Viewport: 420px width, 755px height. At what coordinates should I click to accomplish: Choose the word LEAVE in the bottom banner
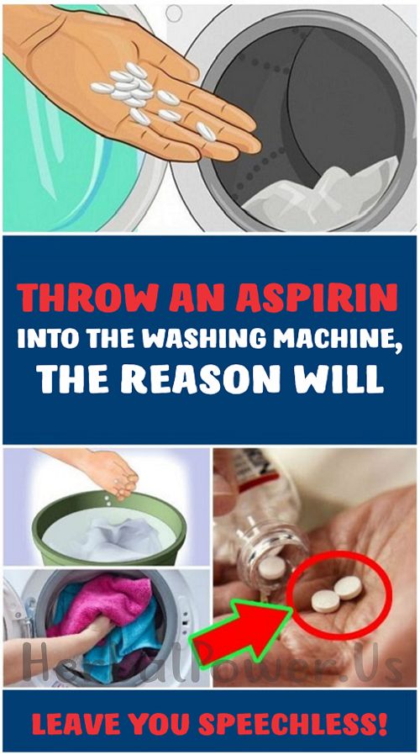(72, 721)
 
